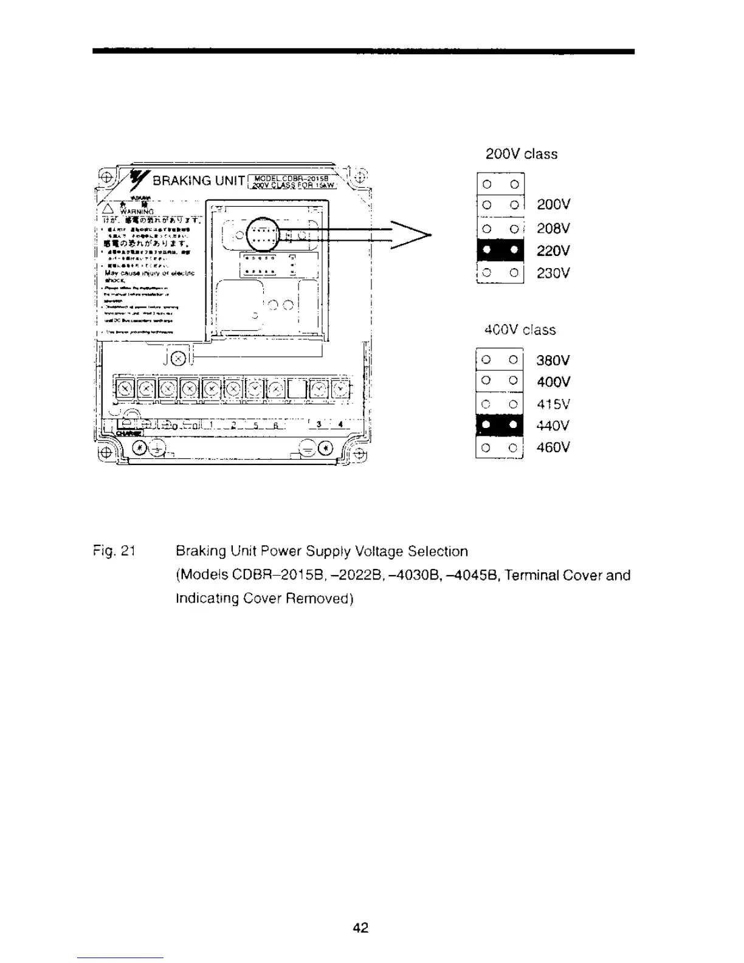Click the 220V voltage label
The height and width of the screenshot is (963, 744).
[x=553, y=250]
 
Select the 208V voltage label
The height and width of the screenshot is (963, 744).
[x=553, y=228]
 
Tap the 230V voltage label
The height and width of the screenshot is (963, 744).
[x=553, y=273]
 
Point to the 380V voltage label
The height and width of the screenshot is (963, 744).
[x=553, y=360]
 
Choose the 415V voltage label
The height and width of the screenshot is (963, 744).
[x=553, y=404]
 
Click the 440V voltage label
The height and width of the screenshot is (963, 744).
[x=553, y=426]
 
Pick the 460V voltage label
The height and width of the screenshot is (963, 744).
[x=553, y=448]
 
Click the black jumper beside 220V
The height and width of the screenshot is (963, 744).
[x=500, y=250]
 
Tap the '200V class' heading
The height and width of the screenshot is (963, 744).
[x=521, y=154]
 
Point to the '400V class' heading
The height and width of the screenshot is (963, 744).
[x=520, y=330]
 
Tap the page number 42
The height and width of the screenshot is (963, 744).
[x=360, y=928]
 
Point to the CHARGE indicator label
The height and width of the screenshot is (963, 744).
[x=128, y=433]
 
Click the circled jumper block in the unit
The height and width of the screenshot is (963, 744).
[x=263, y=234]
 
